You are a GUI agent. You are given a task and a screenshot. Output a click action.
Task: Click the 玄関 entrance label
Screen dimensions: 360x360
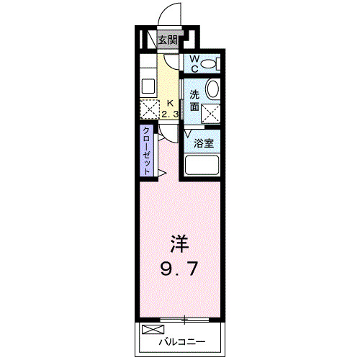click(x=167, y=41)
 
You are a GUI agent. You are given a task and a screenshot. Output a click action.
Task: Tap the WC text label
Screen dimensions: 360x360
click(x=193, y=65)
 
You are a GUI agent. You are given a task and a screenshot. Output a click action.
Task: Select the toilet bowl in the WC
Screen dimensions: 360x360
click(x=210, y=65)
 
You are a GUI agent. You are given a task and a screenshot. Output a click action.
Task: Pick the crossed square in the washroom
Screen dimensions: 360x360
click(x=212, y=112)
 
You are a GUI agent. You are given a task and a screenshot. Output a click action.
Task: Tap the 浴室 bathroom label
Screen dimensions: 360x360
click(x=203, y=142)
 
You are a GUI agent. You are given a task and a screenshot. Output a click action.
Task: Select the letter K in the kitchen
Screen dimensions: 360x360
click(x=171, y=103)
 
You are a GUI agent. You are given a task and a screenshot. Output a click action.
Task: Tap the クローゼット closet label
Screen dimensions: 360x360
click(x=146, y=149)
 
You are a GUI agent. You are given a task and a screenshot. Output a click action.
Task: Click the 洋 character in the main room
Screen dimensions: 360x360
click(x=179, y=243)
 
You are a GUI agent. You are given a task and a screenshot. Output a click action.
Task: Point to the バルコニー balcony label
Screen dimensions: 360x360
click(x=183, y=341)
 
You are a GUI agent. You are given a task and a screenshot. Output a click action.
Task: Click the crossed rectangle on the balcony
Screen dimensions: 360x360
click(x=153, y=330)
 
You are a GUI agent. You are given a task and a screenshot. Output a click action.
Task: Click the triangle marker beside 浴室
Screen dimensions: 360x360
click(x=189, y=133)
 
